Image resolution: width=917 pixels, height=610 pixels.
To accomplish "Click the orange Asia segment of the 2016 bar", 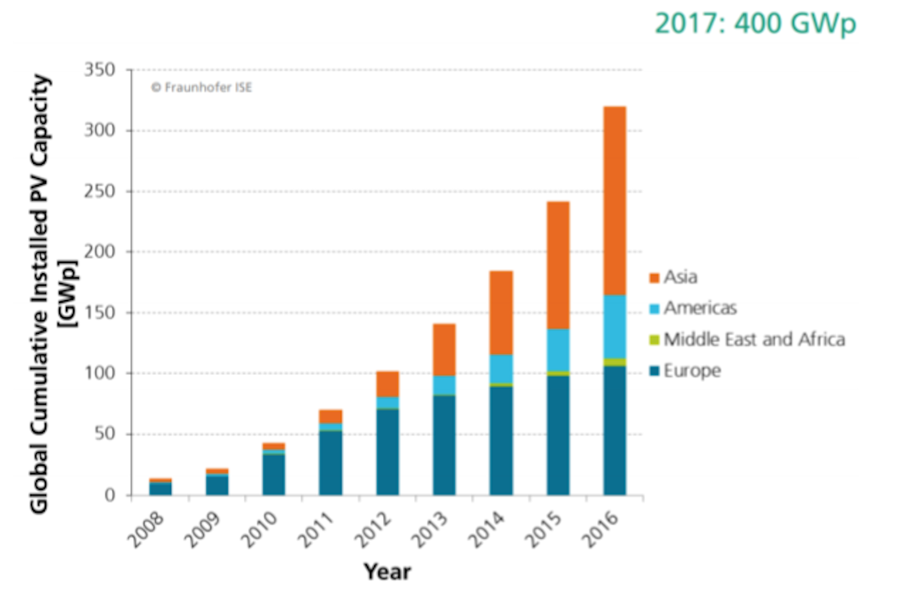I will click(x=614, y=200).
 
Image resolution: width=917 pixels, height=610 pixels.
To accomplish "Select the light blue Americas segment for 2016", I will click(x=614, y=326).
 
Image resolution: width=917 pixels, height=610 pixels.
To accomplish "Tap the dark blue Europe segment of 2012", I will click(x=387, y=452).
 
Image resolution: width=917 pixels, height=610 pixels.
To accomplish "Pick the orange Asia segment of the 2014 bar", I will click(x=501, y=313).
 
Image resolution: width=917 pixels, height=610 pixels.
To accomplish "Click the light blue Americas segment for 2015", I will click(x=558, y=350).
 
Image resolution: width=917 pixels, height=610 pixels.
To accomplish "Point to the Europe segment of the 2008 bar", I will click(x=160, y=489).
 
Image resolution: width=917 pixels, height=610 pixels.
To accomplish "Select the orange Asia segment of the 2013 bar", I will click(x=444, y=349).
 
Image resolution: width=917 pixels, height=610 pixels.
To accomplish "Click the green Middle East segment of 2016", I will click(x=614, y=362).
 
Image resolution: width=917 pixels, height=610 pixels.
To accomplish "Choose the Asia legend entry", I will click(x=680, y=277).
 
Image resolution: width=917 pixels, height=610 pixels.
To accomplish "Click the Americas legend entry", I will click(x=699, y=308).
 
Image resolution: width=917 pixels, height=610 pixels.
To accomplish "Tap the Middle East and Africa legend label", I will click(x=754, y=340).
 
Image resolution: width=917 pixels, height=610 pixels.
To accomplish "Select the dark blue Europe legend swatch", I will click(x=655, y=371).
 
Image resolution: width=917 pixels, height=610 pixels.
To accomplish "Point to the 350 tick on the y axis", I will click(x=100, y=70).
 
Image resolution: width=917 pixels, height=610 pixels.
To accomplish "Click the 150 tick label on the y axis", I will click(x=100, y=313).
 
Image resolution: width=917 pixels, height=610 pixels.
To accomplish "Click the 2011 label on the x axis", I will click(x=315, y=530).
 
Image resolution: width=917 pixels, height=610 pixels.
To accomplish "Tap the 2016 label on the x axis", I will click(x=599, y=530).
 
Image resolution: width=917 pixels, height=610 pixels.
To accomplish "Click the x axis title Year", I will click(x=387, y=572).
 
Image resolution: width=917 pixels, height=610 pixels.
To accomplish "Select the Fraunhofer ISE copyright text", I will click(x=202, y=88).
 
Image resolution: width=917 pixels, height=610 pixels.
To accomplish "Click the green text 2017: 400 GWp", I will click(x=755, y=24).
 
